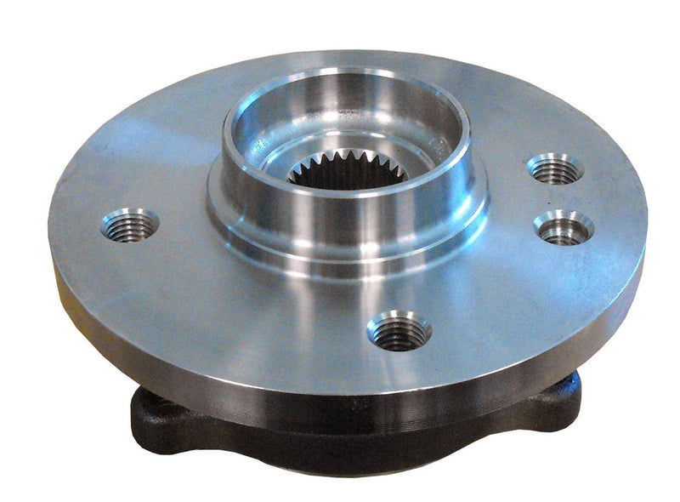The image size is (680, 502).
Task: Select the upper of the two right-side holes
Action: tap(554, 169)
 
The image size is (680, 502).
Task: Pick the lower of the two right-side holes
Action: tap(563, 228)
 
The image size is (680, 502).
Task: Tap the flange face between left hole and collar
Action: tap(183, 213)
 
